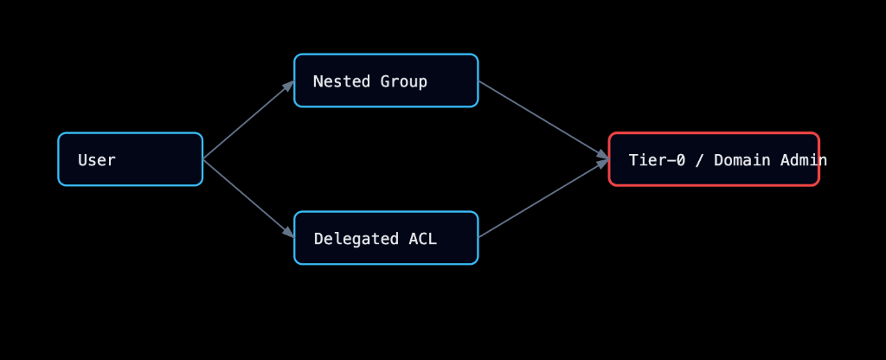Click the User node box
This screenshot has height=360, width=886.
click(130, 159)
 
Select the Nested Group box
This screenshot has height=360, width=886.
click(386, 80)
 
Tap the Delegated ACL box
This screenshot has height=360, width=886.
click(386, 238)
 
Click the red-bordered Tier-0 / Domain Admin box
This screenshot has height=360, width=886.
click(713, 159)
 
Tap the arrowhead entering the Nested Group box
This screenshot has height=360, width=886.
click(289, 85)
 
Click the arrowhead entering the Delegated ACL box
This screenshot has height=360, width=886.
click(289, 233)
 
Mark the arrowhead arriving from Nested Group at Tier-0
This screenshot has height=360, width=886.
click(603, 156)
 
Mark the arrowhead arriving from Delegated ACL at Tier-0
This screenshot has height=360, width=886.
click(603, 164)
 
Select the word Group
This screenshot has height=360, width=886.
click(404, 82)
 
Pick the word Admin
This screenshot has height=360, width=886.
click(805, 160)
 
